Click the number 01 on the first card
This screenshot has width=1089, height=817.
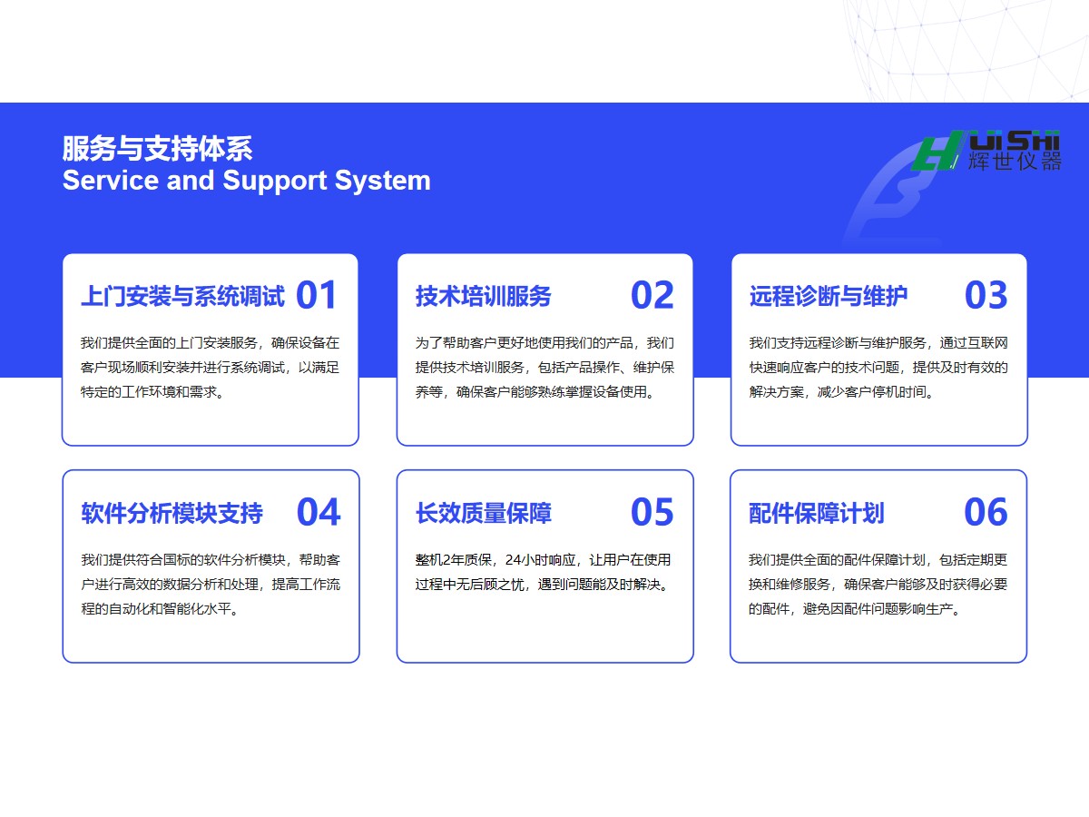click(317, 295)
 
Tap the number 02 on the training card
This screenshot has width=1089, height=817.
click(652, 295)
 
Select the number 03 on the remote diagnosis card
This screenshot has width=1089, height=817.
click(986, 295)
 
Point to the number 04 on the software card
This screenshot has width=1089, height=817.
click(319, 512)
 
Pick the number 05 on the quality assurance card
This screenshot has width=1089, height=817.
click(652, 512)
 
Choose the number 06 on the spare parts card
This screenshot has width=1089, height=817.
click(986, 512)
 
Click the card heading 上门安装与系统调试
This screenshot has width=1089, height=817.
click(183, 296)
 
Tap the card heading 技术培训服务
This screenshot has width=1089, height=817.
click(483, 296)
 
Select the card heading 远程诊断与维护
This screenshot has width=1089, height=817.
click(829, 296)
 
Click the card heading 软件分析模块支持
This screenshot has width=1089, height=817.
click(172, 514)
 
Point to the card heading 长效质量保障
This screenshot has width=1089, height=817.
click(483, 514)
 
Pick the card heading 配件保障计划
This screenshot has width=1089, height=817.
click(817, 514)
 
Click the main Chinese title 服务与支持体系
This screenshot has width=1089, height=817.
click(157, 148)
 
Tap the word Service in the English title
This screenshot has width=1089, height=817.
click(111, 180)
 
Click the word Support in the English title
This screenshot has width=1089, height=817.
click(275, 181)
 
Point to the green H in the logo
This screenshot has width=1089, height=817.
click(937, 151)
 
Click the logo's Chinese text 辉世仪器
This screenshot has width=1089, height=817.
click(1015, 162)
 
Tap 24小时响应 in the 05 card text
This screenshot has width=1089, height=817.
click(541, 560)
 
